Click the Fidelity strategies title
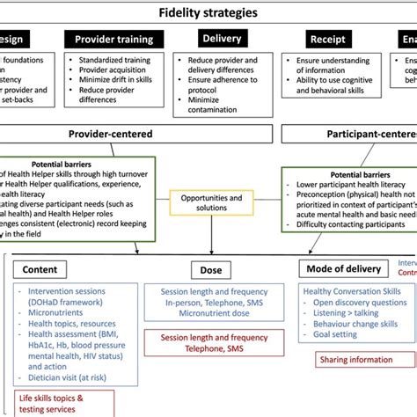208,12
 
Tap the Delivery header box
222,38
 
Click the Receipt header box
326,39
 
